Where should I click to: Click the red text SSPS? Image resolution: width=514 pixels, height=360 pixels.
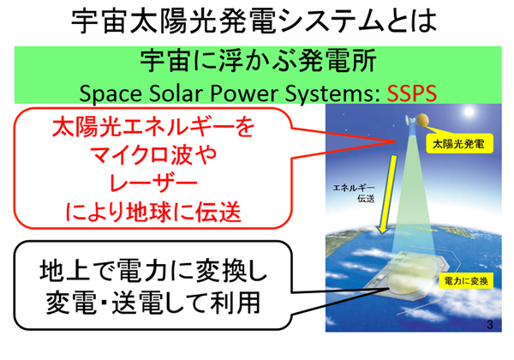(412, 93)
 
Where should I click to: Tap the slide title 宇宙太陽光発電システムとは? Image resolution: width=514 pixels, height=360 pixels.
(254, 21)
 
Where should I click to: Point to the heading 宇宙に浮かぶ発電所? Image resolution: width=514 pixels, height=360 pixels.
(258, 62)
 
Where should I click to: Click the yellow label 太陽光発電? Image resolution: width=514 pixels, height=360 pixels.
(459, 144)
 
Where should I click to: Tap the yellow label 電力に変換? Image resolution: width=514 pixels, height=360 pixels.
(466, 281)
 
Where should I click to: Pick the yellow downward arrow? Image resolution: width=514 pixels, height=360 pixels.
(387, 195)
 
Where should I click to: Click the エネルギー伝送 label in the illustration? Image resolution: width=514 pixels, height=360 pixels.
(354, 193)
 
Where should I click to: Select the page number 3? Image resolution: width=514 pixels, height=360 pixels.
(490, 325)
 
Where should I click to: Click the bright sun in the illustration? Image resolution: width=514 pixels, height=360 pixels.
(469, 111)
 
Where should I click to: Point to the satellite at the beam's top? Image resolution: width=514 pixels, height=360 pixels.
(416, 121)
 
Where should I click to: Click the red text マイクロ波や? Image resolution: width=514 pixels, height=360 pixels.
(153, 155)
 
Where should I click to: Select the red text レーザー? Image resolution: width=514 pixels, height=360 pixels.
(153, 183)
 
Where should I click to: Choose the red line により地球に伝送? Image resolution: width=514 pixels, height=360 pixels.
(153, 212)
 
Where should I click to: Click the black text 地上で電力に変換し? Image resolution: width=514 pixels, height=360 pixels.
(153, 271)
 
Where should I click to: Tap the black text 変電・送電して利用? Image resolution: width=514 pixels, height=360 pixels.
(153, 302)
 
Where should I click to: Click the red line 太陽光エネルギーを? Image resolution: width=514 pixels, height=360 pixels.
(153, 127)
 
